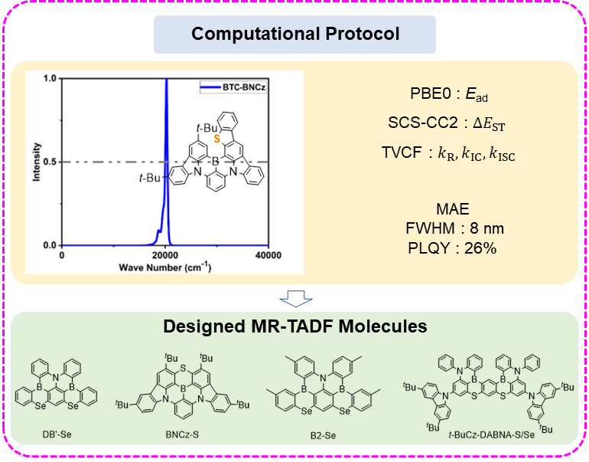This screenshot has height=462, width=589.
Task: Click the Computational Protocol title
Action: pos(295,34)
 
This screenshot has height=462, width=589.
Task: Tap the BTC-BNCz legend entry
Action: pos(233,87)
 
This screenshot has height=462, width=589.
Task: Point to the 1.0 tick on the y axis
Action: pos(50,78)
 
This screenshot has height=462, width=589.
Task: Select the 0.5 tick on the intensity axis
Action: pos(50,162)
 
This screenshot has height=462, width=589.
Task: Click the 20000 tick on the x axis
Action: pos(165,255)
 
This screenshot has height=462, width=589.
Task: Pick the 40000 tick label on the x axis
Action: pos(268,255)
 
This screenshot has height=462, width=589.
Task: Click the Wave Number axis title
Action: pos(165,267)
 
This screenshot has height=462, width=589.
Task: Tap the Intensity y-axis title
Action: pos(37,162)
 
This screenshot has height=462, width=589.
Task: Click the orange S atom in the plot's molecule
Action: pos(216,139)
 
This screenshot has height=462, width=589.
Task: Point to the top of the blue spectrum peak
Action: pos(167,79)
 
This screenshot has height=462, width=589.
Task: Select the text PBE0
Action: pos(430,93)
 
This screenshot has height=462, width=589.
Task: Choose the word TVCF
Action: pos(402,152)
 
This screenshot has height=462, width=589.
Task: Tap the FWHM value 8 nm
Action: pos(486,228)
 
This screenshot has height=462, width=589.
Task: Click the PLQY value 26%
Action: pos(480,248)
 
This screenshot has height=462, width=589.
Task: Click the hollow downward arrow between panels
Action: pos(296,298)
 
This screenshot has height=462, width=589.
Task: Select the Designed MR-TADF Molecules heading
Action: pos(294,326)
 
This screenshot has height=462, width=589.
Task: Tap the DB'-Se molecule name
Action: pos(57,434)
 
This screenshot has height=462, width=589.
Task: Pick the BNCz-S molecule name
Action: pos(182,434)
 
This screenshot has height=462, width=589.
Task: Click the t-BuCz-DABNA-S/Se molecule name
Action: pos(492,435)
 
